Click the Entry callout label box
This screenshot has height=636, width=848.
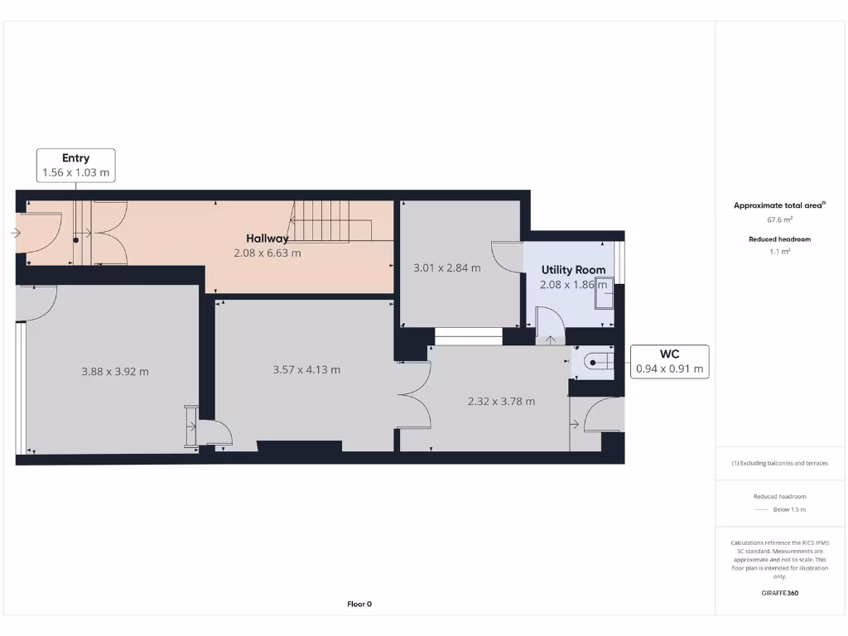coord(75,165)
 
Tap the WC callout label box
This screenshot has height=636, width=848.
coord(670,361)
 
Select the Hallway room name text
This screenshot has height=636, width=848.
coord(267,238)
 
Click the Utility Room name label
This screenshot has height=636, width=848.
coord(573,270)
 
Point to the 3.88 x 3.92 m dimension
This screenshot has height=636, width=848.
coord(115,372)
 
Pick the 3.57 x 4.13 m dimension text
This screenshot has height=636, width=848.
coord(306,369)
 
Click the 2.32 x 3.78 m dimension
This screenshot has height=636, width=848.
coord(501,401)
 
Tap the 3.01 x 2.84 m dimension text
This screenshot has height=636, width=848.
coord(446,267)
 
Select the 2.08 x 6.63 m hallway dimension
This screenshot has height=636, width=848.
coord(267,253)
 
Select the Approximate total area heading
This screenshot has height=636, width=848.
coord(779,205)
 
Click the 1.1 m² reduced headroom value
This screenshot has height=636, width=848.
coord(779,251)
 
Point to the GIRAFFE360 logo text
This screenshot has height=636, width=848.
coord(779,593)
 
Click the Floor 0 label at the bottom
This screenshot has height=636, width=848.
coord(359,604)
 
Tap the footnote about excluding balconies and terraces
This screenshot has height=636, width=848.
coord(779,463)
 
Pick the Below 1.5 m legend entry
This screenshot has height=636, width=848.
coord(779,509)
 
